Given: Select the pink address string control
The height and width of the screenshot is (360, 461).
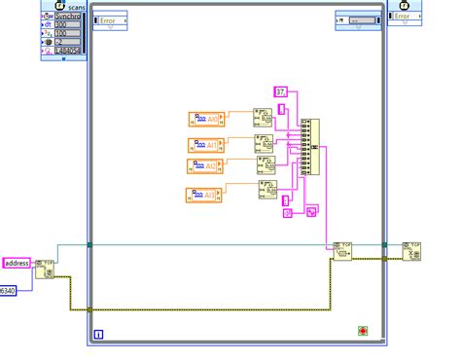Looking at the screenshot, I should [18, 263].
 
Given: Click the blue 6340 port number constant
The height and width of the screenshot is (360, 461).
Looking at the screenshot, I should [8, 290].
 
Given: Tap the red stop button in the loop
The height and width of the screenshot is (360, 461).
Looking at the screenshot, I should [363, 330].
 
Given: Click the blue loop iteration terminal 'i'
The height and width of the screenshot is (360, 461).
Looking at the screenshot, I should [98, 335].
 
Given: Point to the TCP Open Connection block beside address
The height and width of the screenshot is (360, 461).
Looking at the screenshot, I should [45, 270].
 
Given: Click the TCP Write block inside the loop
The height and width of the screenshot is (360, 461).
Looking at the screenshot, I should [341, 250].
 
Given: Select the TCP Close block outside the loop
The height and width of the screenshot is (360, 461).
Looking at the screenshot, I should [411, 252].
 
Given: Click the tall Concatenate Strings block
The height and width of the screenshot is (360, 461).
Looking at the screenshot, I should [307, 146].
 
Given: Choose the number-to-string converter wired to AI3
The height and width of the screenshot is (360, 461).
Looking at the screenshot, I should [267, 189].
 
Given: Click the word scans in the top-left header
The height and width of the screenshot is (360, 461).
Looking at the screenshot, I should [76, 5].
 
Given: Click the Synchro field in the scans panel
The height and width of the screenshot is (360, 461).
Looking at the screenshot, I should [68, 16].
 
